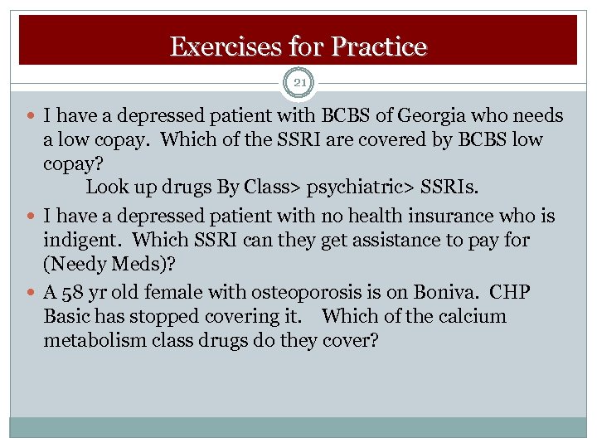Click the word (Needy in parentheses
click(74, 265)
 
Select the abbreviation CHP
click(509, 293)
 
